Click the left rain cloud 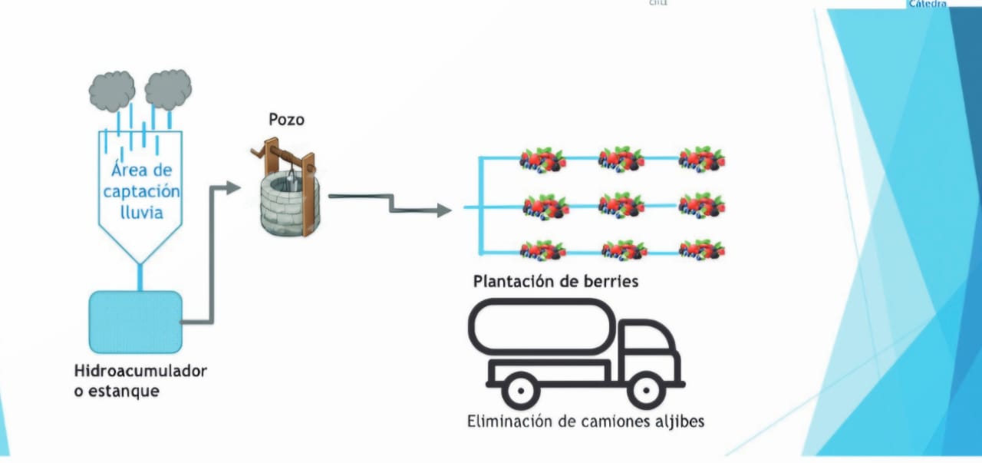click(x=112, y=91)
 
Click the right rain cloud click(x=168, y=89)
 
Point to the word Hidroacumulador click(x=140, y=372)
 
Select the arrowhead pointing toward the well click(x=233, y=187)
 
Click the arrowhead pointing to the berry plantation click(x=443, y=210)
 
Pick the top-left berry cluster click(x=542, y=159)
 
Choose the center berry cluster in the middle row click(x=621, y=204)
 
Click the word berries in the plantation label click(x=609, y=281)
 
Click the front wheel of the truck click(x=644, y=389)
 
